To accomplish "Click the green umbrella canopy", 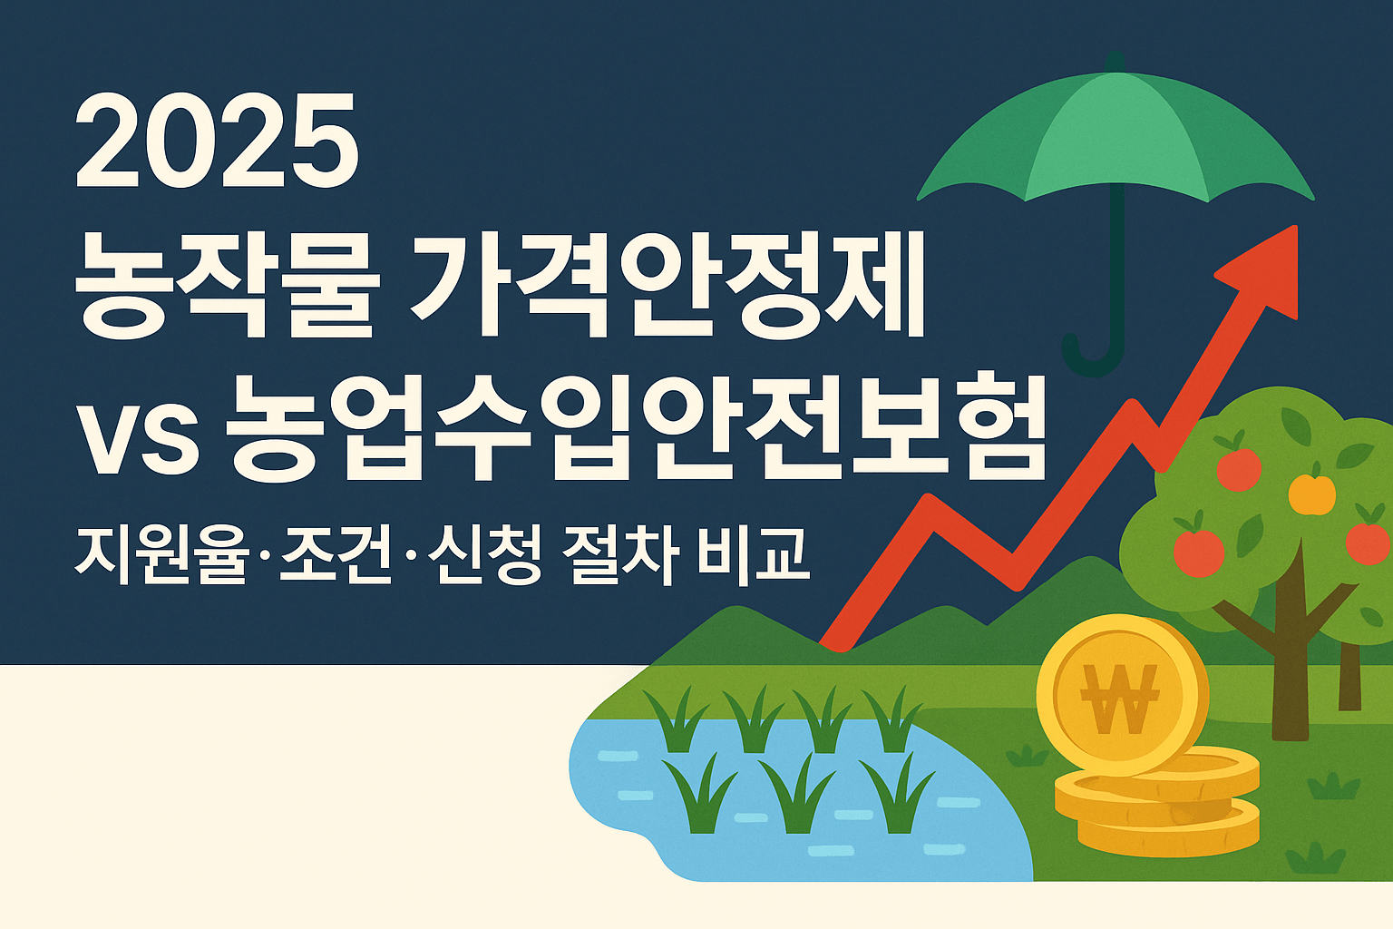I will [x=1115, y=136].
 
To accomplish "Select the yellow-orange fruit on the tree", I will [x=1311, y=493].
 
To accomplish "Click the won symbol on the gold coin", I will [x=1120, y=699].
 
